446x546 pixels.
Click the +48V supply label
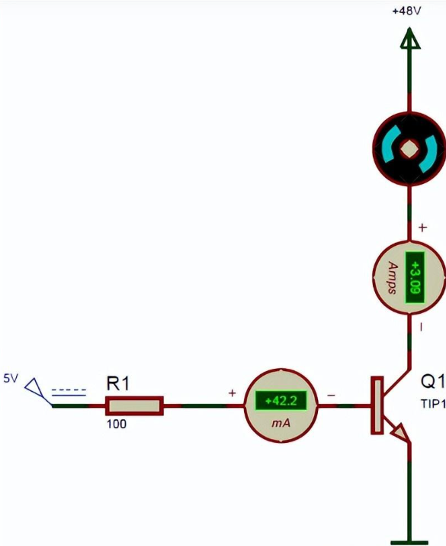(406, 11)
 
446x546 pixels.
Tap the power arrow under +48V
(410, 38)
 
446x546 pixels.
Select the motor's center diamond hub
(409, 149)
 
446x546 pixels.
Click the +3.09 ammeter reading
(415, 277)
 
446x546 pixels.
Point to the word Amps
(392, 277)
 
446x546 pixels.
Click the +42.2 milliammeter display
(281, 401)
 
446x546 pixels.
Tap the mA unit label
(281, 423)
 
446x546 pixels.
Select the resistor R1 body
(134, 405)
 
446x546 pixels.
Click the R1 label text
(118, 383)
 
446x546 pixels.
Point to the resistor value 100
(117, 424)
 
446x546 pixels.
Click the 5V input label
(11, 379)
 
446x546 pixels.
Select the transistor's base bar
(377, 405)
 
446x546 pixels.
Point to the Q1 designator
(433, 382)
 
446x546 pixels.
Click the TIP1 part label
(433, 404)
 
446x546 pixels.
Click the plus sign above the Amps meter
(422, 228)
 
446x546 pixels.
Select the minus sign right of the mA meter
(332, 396)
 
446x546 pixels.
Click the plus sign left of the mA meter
(232, 393)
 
